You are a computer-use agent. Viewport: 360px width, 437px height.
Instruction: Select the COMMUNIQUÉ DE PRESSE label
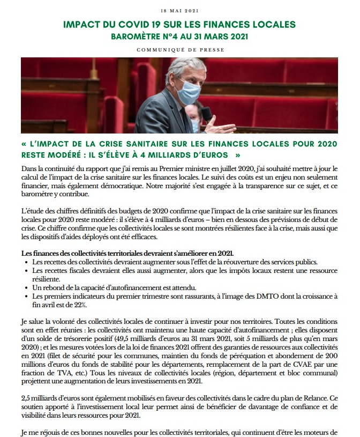pyautogui.click(x=180, y=50)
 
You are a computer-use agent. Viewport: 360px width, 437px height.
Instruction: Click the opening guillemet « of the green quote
pyautogui.click(x=25, y=143)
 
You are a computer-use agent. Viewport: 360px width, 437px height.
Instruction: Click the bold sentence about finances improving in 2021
pyautogui.click(x=127, y=253)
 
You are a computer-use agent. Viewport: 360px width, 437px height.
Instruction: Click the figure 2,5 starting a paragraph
pyautogui.click(x=26, y=399)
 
